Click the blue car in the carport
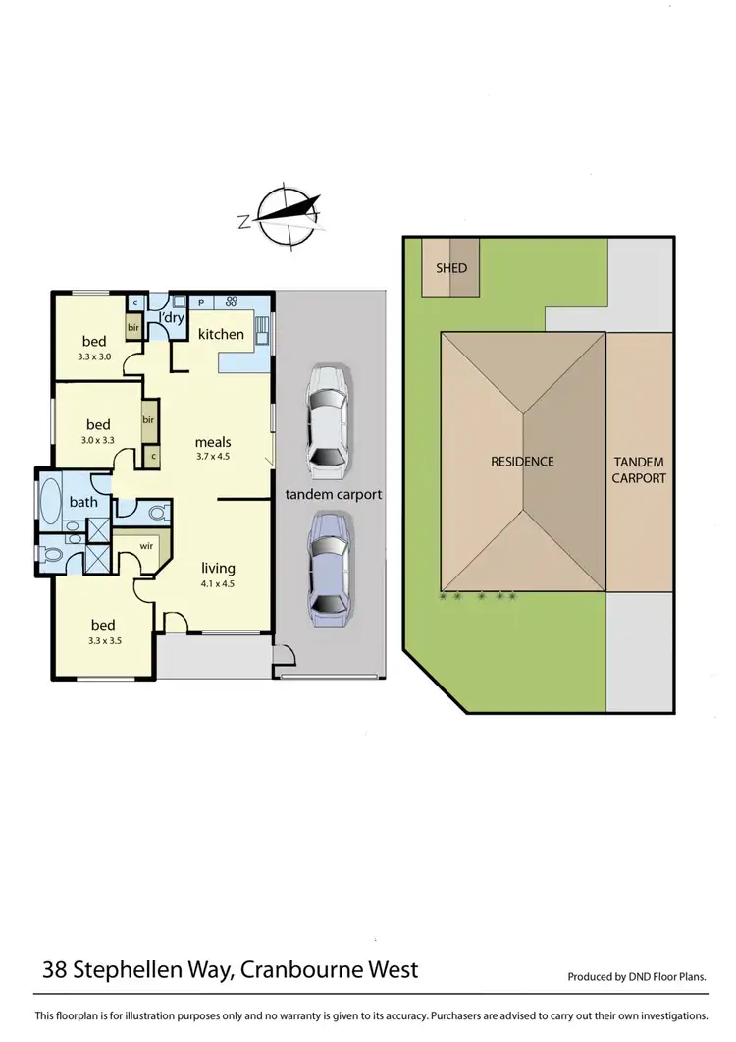(x=327, y=570)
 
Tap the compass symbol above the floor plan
(x=281, y=213)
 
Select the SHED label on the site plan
(x=451, y=267)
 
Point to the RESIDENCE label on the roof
(x=522, y=462)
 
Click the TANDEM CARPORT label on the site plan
(x=640, y=469)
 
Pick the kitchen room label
(x=221, y=334)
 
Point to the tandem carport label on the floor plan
(x=333, y=494)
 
